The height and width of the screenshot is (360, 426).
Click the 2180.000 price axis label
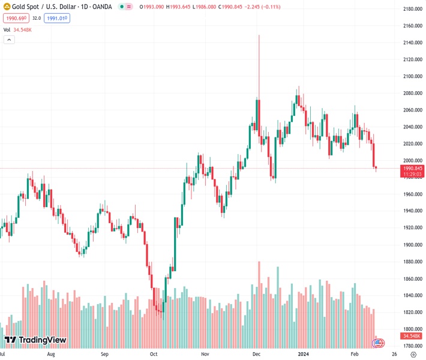(412, 9)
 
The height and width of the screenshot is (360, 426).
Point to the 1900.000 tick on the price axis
(412, 245)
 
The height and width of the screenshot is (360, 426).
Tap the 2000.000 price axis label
(412, 161)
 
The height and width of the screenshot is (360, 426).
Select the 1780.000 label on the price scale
(412, 346)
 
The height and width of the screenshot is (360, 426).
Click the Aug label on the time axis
(50, 355)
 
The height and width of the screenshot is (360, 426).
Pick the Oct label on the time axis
(154, 355)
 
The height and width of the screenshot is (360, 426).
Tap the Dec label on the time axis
(256, 355)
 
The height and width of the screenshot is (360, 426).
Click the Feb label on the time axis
(354, 355)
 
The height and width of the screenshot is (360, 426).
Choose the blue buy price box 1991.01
(57, 19)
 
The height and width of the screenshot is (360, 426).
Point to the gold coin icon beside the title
(7, 7)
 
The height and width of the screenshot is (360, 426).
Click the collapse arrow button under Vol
(9, 40)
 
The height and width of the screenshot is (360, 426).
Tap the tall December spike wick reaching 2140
(259, 60)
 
